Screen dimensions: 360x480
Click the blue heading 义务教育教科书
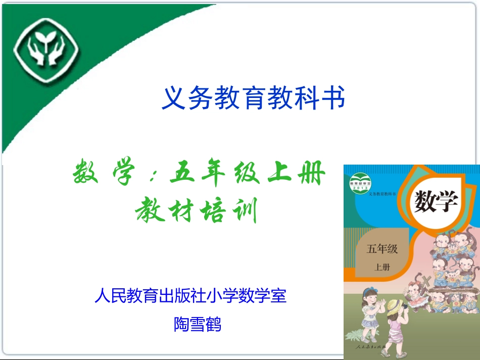pos(253,97)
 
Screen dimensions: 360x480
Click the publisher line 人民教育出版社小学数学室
pos(190,295)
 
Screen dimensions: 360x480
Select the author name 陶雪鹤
pos(198,324)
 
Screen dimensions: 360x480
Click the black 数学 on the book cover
pos(436,202)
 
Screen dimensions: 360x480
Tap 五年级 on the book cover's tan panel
pos(382,249)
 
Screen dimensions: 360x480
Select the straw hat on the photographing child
pos(395,304)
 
